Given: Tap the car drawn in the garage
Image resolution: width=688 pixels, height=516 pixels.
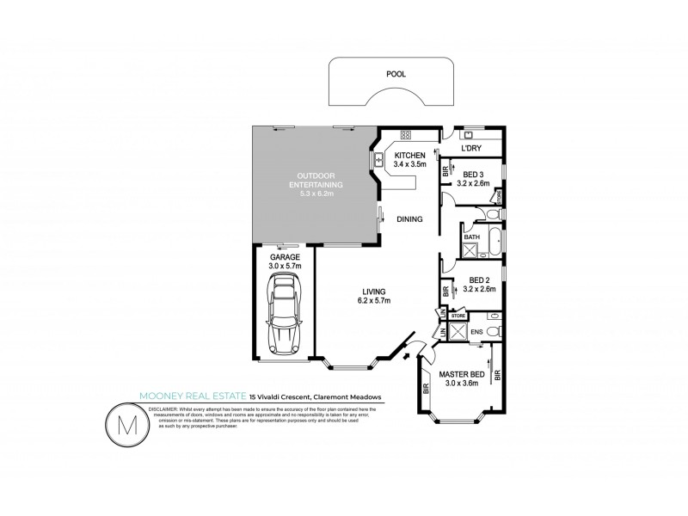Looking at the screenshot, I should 283,320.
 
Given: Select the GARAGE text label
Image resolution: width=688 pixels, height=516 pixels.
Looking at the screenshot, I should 284,257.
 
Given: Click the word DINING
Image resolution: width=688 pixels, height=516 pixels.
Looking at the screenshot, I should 409,219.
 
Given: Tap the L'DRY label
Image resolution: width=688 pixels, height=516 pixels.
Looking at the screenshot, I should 471,150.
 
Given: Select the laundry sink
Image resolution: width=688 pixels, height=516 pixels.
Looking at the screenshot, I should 469,135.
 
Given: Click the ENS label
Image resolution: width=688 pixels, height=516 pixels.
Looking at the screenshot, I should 475,329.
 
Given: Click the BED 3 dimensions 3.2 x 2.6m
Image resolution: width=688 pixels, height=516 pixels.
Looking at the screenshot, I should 472,182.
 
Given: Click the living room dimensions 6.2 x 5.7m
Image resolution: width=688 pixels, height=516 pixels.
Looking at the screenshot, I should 374,301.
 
